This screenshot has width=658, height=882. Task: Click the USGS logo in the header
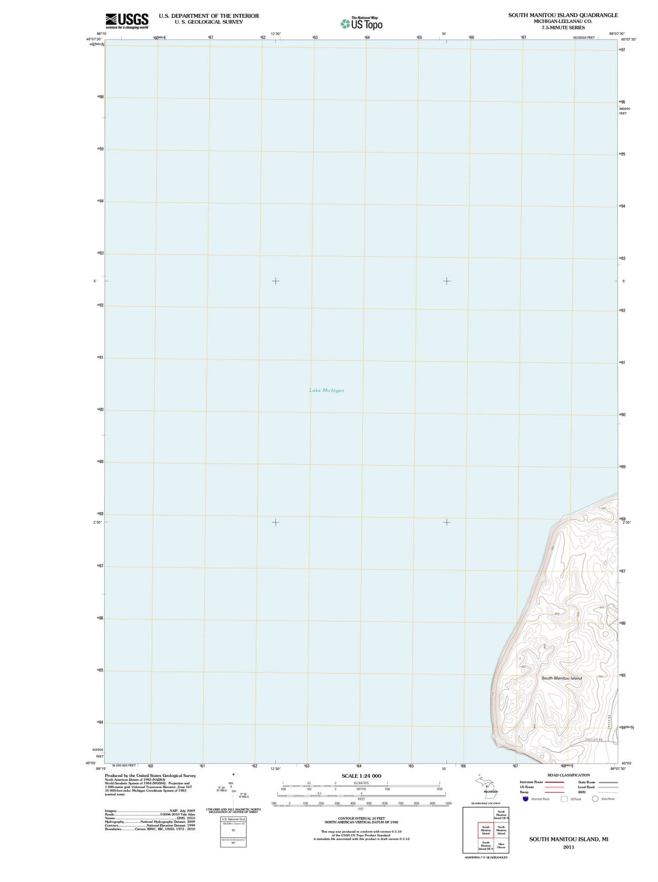tap(126, 20)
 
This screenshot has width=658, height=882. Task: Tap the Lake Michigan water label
tap(326, 390)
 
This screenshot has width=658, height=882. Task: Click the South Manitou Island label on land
tap(561, 678)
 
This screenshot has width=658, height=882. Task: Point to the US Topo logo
tap(361, 23)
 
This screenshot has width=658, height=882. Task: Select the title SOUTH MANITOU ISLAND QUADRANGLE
tap(563, 15)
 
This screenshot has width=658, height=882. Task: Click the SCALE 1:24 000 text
tap(361, 776)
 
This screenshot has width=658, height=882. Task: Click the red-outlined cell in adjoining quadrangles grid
tap(486, 830)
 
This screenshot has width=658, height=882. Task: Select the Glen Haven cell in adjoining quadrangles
tap(501, 845)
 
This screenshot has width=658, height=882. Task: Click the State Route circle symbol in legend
tap(595, 799)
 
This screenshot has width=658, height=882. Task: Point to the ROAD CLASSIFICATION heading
tap(568, 775)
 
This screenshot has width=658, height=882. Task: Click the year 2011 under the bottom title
tap(568, 847)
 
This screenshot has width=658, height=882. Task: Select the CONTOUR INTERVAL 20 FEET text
tap(361, 818)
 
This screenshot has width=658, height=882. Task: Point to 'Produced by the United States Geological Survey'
tap(150, 776)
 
